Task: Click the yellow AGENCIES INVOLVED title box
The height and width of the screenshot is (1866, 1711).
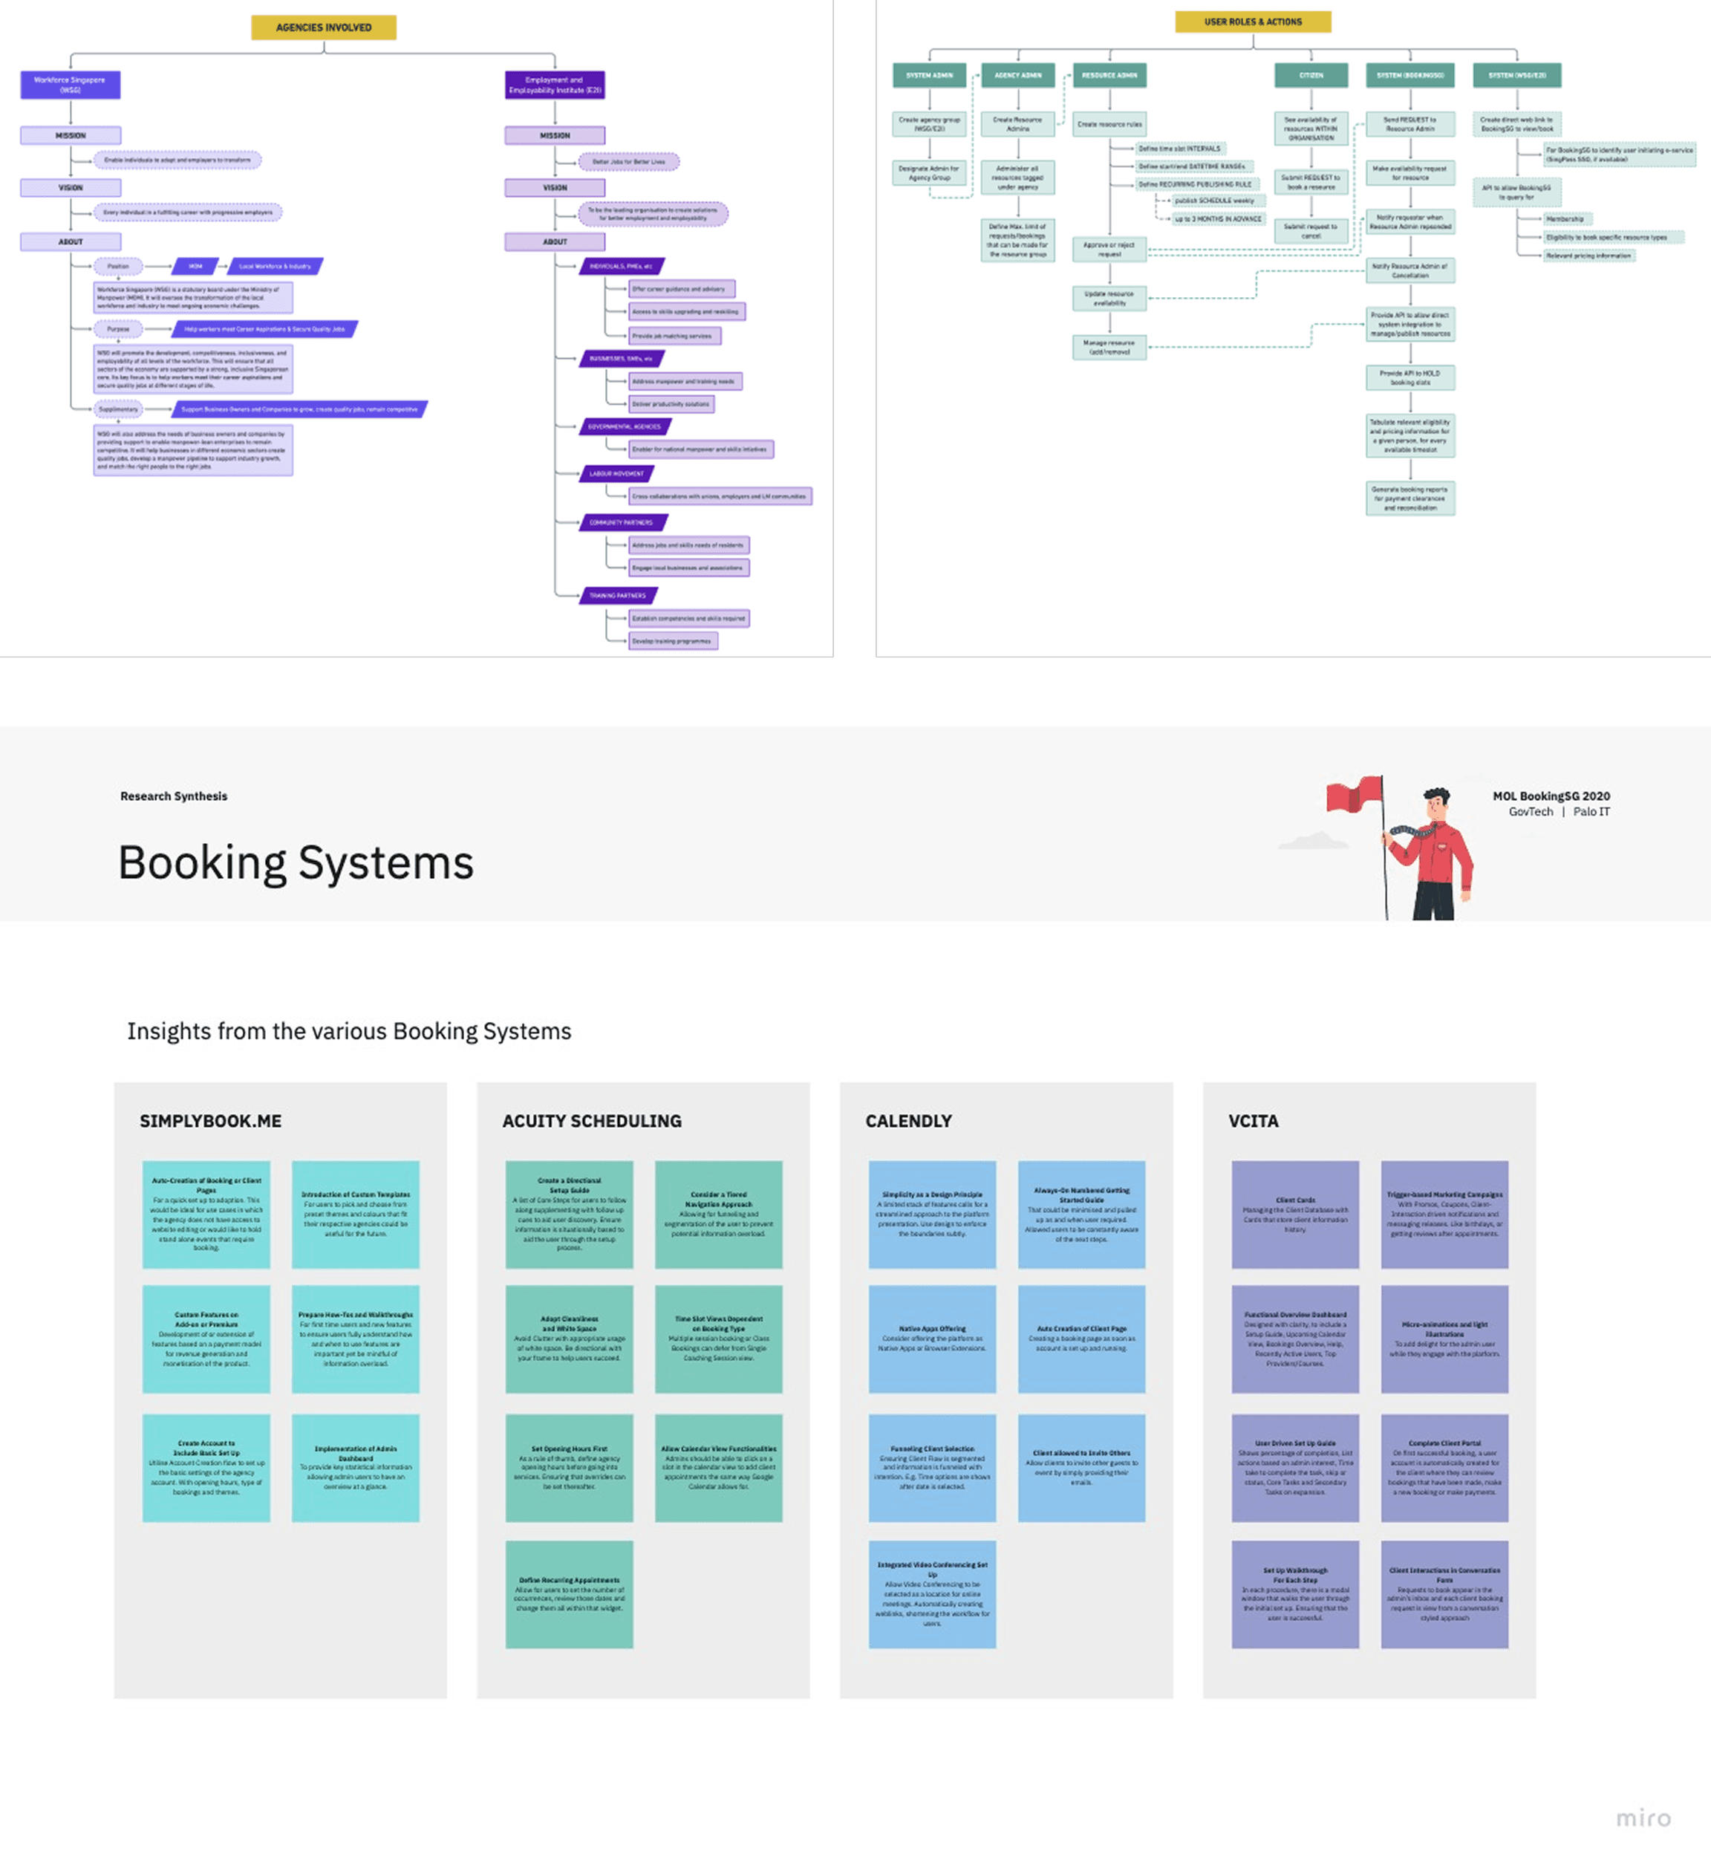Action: click(x=323, y=27)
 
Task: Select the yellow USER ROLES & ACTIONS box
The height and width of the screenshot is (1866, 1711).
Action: click(x=1252, y=22)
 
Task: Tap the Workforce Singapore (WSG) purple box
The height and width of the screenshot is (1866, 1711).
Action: click(x=71, y=84)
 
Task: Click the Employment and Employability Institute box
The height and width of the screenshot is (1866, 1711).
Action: click(x=555, y=84)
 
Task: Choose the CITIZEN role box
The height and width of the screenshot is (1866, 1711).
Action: click(x=1310, y=75)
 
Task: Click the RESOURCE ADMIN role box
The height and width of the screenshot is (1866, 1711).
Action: click(x=1109, y=75)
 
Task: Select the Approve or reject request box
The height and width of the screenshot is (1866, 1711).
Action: click(x=1109, y=249)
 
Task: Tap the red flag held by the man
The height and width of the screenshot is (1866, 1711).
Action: click(x=1354, y=796)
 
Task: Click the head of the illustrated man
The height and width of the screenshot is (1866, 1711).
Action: click(x=1436, y=802)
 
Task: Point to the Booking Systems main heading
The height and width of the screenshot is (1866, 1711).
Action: click(x=296, y=863)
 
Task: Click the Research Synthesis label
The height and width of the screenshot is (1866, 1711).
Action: click(x=173, y=796)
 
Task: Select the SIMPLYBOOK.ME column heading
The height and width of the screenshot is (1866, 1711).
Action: click(x=210, y=1120)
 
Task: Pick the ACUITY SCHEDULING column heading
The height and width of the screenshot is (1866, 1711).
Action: click(x=592, y=1120)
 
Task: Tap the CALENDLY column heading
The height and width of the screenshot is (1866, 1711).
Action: click(x=907, y=1120)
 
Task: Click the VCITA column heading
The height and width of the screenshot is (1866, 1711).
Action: click(x=1253, y=1120)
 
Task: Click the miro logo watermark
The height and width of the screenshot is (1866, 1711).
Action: click(x=1643, y=1817)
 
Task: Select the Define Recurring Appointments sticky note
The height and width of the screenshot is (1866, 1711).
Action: click(x=569, y=1593)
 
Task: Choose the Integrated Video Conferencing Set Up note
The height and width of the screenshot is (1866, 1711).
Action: click(x=931, y=1593)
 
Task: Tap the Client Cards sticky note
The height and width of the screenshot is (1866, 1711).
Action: click(x=1294, y=1214)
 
